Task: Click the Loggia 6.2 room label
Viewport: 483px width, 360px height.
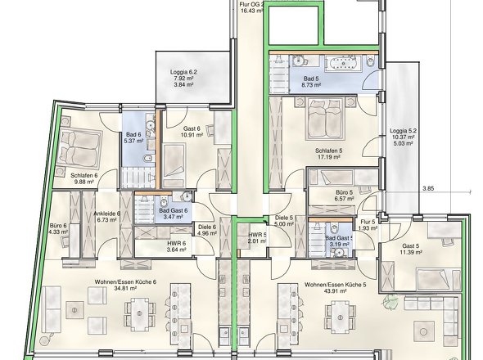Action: (x=183, y=72)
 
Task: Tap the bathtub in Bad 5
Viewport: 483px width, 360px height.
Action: (x=343, y=62)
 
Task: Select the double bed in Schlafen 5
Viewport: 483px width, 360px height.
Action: (x=325, y=119)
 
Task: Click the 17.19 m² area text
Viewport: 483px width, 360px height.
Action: (x=328, y=157)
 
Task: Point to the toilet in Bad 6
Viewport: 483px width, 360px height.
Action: (x=148, y=159)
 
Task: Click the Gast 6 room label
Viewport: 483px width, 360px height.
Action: (x=192, y=128)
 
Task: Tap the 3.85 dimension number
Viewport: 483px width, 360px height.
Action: (x=428, y=188)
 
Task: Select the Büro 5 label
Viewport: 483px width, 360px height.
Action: (x=345, y=193)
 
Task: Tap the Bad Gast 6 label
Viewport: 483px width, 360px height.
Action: (x=173, y=210)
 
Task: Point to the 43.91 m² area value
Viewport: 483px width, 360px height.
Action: (x=335, y=290)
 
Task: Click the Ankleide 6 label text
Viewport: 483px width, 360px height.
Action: (x=107, y=214)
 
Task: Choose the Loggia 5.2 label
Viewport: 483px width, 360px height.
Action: (x=403, y=131)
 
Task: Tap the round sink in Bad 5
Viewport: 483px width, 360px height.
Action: (x=299, y=61)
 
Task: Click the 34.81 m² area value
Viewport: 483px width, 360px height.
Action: (x=125, y=288)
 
